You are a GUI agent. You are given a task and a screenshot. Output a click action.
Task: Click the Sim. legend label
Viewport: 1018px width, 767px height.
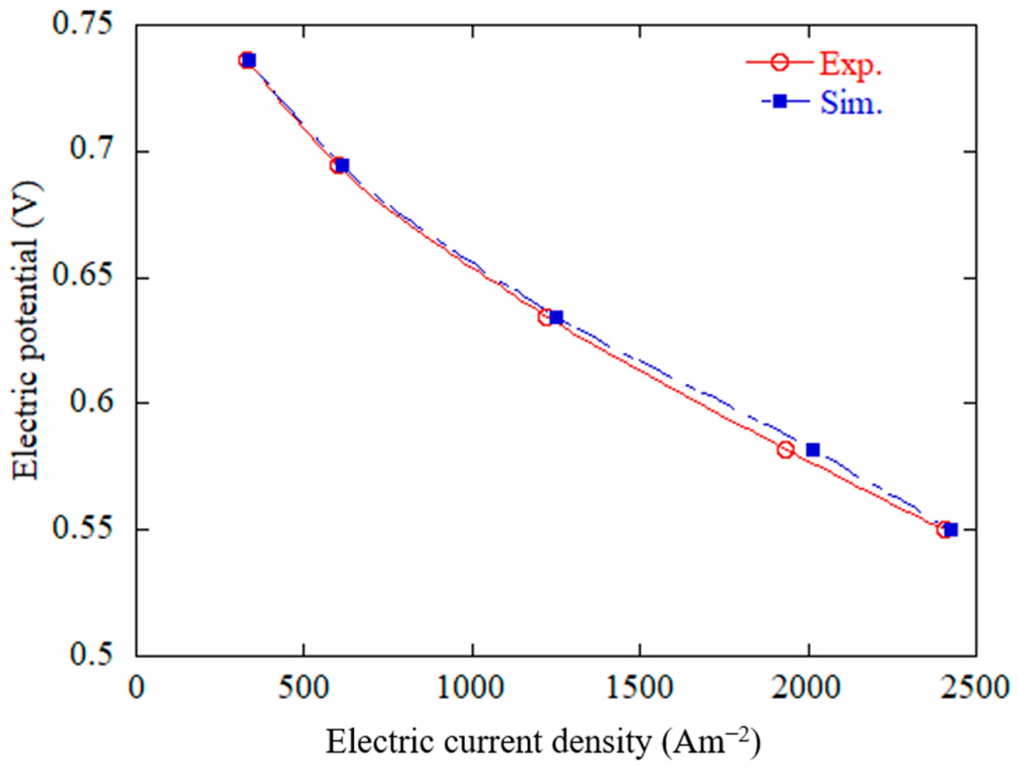[x=851, y=103]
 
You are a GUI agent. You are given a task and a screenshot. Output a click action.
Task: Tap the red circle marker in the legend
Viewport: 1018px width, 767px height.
[x=779, y=62]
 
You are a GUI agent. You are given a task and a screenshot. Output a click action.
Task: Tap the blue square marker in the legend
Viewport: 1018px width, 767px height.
[x=779, y=101]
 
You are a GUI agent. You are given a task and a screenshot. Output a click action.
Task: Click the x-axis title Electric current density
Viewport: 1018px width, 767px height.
[x=543, y=742]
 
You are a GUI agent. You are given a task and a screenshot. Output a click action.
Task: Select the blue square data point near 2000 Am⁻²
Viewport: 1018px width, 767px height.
[x=813, y=449]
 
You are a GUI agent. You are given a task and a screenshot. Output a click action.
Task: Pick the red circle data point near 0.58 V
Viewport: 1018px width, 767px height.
[x=786, y=450]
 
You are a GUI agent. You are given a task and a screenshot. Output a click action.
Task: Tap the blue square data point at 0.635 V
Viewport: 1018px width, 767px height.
[x=556, y=317]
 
